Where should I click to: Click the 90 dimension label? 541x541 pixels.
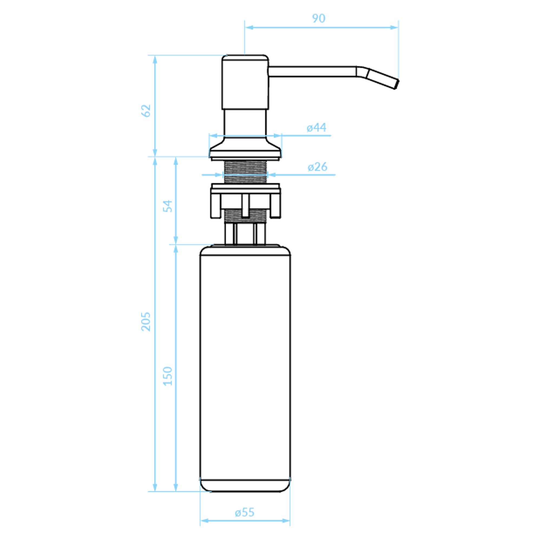point(319,18)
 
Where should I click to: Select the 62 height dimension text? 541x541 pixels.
point(146,111)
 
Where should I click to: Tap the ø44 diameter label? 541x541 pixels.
point(316,128)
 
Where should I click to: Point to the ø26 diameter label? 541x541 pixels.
point(318,167)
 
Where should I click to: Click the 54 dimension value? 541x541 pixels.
point(168,206)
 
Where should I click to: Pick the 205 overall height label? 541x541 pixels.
point(146,322)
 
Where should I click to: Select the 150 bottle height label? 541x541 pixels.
point(168,376)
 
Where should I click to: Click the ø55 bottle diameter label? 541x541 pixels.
point(245,512)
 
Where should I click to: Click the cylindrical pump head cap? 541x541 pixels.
point(245,82)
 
